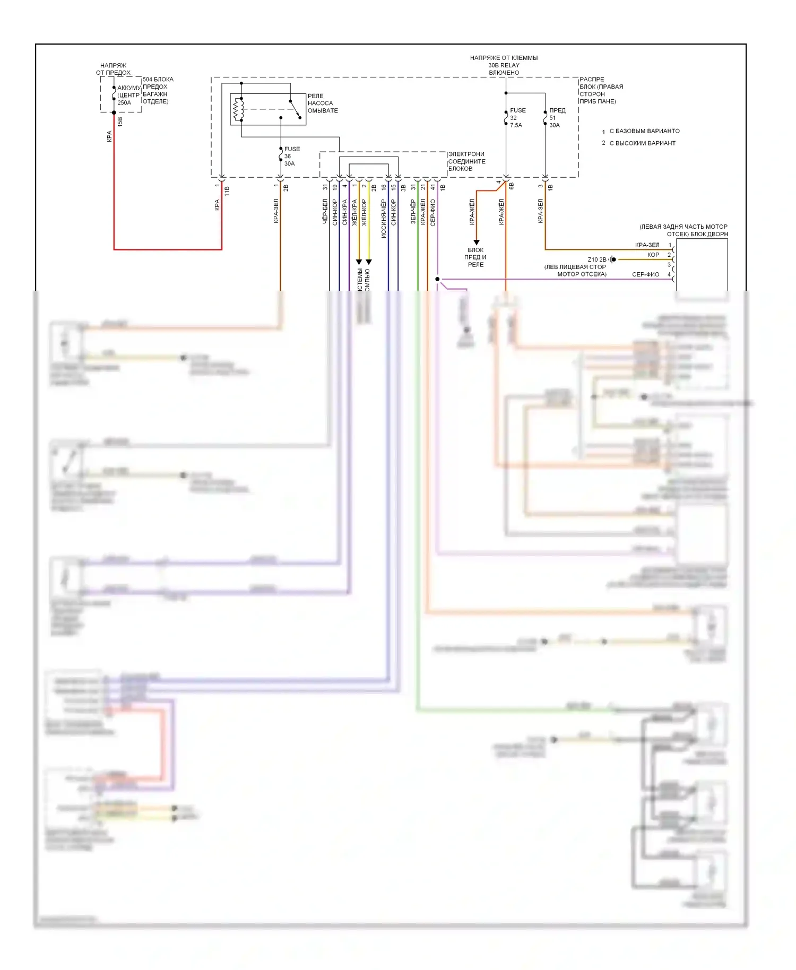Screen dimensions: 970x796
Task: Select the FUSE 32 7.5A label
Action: (517, 118)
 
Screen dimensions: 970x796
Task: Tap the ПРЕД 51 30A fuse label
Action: (556, 118)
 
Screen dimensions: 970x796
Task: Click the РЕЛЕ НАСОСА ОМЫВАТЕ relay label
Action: (322, 103)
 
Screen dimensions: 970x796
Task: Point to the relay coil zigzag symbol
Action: (238, 109)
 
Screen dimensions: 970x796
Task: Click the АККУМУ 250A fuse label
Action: (128, 96)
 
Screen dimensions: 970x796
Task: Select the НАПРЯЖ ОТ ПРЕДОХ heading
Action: (113, 69)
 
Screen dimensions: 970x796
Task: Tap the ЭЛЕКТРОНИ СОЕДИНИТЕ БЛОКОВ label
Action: (466, 161)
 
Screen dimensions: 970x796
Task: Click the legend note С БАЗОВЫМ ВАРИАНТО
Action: (644, 131)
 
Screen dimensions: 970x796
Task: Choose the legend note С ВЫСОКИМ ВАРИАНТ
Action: (642, 143)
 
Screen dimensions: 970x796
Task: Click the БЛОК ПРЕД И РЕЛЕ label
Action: (475, 257)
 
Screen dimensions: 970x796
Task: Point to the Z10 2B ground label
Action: (596, 259)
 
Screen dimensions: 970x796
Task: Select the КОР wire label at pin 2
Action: (653, 255)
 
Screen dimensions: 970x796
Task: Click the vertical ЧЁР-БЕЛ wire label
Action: (325, 212)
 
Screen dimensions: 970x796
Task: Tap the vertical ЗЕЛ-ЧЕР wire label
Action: (413, 212)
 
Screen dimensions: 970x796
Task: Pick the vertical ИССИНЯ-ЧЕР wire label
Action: (384, 218)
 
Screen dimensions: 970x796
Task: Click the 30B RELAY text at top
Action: (504, 65)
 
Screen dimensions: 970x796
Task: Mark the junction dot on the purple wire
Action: (437, 279)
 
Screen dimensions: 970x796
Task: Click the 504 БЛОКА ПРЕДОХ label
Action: (157, 90)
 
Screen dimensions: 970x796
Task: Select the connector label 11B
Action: (227, 191)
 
